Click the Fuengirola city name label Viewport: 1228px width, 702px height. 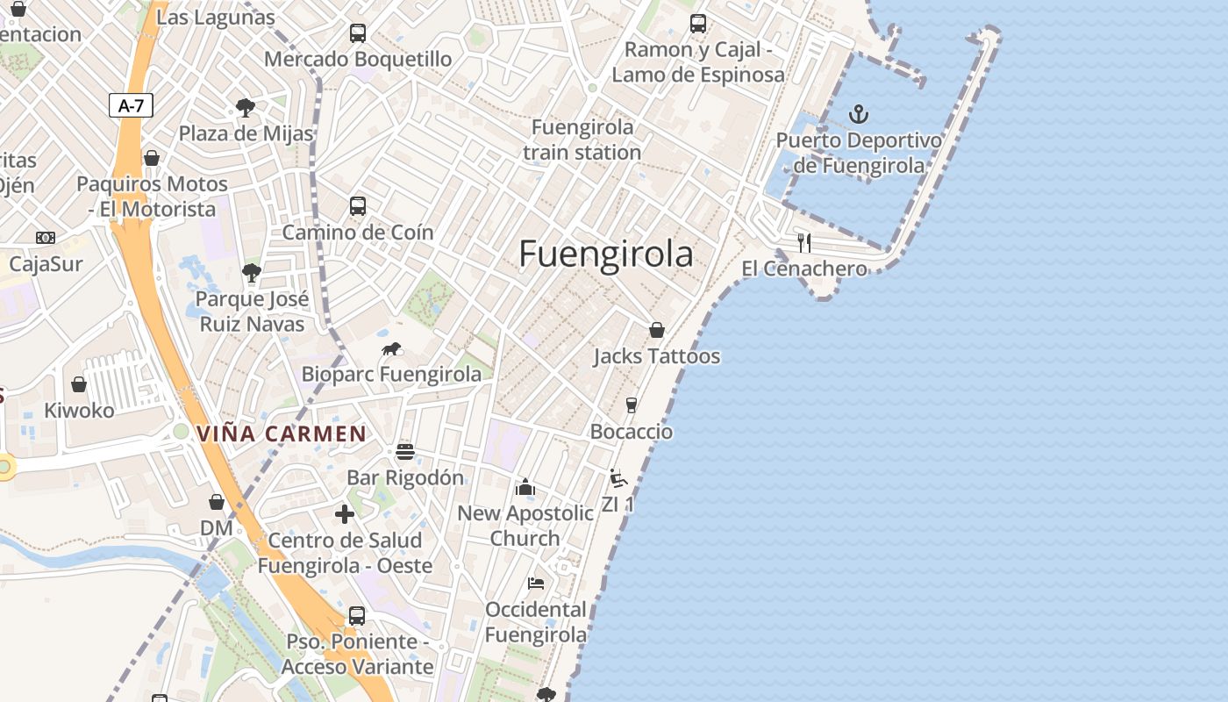point(605,254)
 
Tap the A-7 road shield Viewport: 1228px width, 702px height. point(131,106)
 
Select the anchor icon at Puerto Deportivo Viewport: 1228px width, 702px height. point(859,113)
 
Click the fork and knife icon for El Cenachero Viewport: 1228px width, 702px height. point(803,242)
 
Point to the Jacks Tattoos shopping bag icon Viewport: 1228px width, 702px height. point(656,330)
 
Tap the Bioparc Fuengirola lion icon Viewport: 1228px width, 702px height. point(391,348)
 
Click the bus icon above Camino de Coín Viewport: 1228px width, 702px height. point(358,206)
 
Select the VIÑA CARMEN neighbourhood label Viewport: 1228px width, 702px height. point(281,433)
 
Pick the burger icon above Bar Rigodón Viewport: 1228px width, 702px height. point(404,452)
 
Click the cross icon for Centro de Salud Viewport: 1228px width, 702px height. point(345,514)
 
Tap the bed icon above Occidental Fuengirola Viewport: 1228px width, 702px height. point(536,584)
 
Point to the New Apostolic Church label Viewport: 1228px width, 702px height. point(525,526)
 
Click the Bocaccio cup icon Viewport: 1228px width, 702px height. point(631,405)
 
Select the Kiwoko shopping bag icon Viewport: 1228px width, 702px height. point(79,384)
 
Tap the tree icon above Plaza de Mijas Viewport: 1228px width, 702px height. point(246,108)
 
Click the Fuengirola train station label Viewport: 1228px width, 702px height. point(582,140)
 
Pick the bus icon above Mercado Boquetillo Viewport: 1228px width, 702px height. point(358,33)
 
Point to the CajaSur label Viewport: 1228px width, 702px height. point(46,263)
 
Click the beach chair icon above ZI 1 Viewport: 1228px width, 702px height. point(618,478)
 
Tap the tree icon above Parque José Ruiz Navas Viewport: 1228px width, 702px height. point(252,273)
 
